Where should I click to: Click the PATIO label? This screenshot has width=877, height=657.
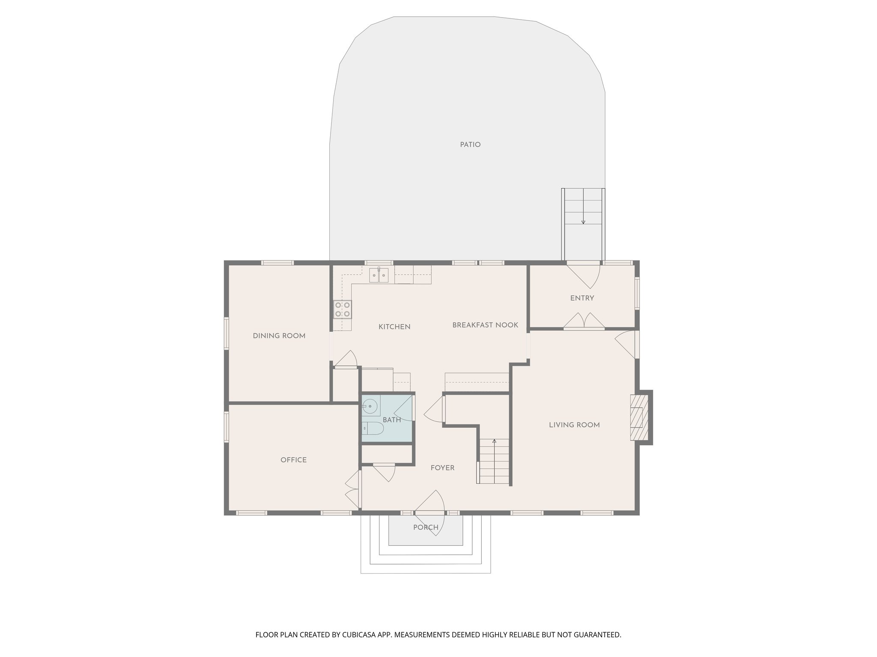470,145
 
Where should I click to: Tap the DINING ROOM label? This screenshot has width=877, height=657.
279,336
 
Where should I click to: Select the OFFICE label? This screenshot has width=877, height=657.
293,460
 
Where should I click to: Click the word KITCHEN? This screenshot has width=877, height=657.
394,327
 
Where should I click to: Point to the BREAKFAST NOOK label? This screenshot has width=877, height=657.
485,325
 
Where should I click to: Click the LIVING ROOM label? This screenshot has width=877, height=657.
574,425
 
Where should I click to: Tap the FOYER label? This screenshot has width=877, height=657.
442,468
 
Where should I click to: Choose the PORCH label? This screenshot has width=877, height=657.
426,527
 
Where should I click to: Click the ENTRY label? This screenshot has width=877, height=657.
582,298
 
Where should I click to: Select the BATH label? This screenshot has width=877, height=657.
392,420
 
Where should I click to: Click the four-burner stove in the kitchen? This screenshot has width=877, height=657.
343,309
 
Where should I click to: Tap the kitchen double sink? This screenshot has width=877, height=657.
379,275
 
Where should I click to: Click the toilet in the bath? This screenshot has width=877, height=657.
373,429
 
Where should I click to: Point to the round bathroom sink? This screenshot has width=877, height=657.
370,405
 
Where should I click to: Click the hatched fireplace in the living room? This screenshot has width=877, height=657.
639,417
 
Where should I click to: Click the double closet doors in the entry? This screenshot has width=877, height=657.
584,321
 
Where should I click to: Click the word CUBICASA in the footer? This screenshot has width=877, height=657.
359,635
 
